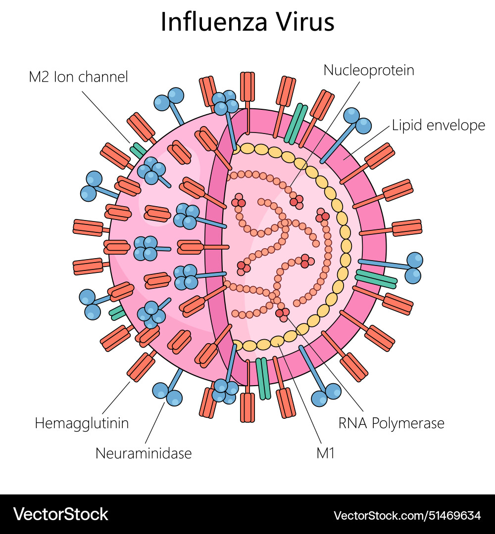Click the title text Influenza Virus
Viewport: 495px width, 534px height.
coord(247,22)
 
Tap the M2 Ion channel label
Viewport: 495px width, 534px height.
coord(78,77)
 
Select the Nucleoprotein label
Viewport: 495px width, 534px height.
coord(369,70)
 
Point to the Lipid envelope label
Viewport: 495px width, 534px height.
coord(438,125)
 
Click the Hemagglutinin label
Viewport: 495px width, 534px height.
coord(82,423)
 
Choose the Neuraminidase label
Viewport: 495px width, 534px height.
coord(144,453)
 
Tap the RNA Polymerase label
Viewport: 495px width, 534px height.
coord(391,423)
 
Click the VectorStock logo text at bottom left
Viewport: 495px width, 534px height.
coord(61,514)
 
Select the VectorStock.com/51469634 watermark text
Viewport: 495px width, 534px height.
coord(407,515)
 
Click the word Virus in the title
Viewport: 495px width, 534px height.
coord(303,22)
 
